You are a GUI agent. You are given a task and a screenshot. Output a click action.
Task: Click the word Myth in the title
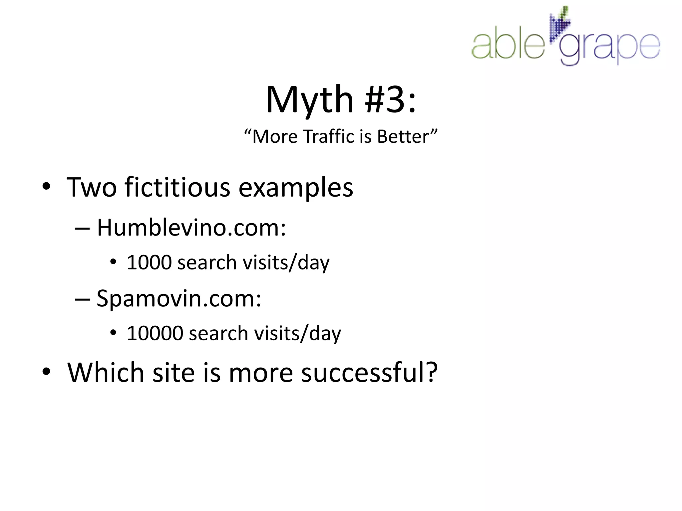(x=309, y=100)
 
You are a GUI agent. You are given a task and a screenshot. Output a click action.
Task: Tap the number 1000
(x=149, y=262)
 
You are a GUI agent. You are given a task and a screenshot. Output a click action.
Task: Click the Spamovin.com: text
(x=179, y=299)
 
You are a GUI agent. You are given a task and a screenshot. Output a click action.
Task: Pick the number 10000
(x=155, y=333)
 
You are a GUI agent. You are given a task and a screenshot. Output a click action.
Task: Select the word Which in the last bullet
(x=106, y=372)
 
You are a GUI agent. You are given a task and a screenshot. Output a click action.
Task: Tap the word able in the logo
(x=508, y=46)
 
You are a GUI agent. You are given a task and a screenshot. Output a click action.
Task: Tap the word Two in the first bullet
(x=92, y=187)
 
